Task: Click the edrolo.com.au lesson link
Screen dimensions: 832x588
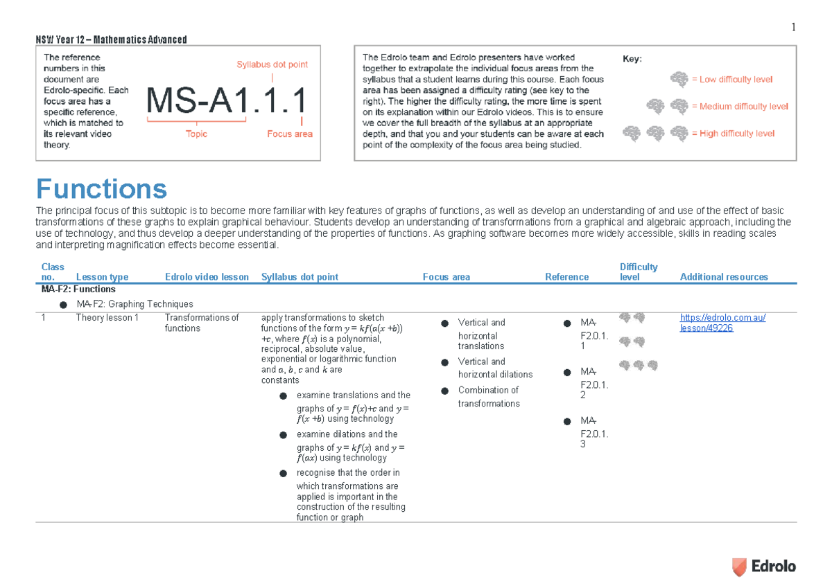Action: click(x=722, y=323)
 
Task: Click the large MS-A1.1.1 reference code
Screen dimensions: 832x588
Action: click(x=227, y=100)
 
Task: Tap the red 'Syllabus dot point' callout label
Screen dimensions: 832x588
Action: click(x=272, y=64)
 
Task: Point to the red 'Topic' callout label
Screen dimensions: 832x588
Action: click(x=196, y=134)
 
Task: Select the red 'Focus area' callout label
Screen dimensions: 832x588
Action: click(x=290, y=134)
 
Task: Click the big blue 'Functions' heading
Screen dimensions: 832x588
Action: click(x=101, y=189)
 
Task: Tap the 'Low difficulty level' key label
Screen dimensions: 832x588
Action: click(x=736, y=80)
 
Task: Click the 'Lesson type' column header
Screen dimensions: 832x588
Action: click(x=102, y=277)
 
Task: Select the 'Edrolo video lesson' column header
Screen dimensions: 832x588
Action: click(x=207, y=277)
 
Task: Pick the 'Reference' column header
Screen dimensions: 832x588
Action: click(x=567, y=277)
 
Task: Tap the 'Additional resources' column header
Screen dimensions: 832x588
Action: click(x=724, y=277)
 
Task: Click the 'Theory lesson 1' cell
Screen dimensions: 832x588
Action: click(x=107, y=318)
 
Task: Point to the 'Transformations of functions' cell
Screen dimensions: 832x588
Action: click(x=202, y=323)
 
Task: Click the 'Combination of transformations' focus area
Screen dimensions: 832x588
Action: click(x=488, y=397)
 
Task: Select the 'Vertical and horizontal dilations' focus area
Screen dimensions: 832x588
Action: click(x=495, y=368)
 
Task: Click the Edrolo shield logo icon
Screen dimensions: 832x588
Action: click(x=739, y=567)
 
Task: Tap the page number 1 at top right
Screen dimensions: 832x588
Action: click(x=793, y=27)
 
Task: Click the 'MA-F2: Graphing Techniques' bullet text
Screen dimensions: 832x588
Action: click(x=135, y=304)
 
